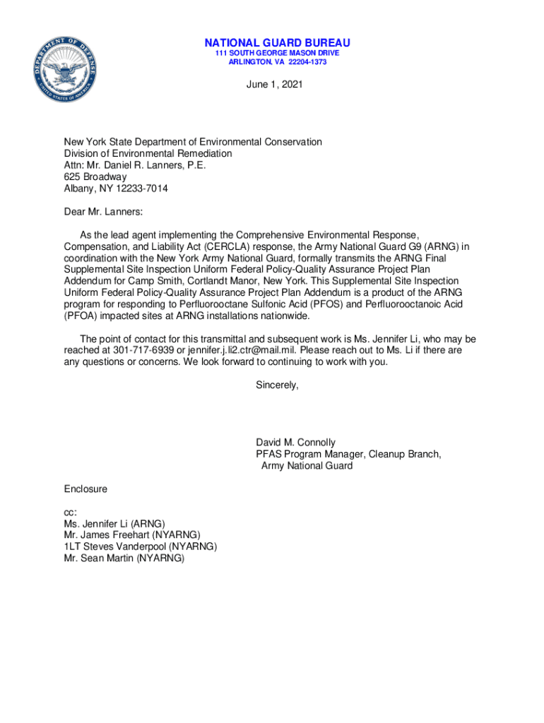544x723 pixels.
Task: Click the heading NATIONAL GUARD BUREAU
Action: point(278,43)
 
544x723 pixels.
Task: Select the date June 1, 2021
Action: point(274,85)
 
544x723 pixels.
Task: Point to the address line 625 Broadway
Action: point(95,177)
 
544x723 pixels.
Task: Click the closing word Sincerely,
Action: point(278,385)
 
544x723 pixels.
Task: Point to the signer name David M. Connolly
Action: point(295,443)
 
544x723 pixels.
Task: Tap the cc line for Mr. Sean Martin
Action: point(124,558)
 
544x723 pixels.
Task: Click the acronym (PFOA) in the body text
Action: point(83,316)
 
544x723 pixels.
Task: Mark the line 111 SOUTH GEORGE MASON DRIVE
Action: point(278,53)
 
